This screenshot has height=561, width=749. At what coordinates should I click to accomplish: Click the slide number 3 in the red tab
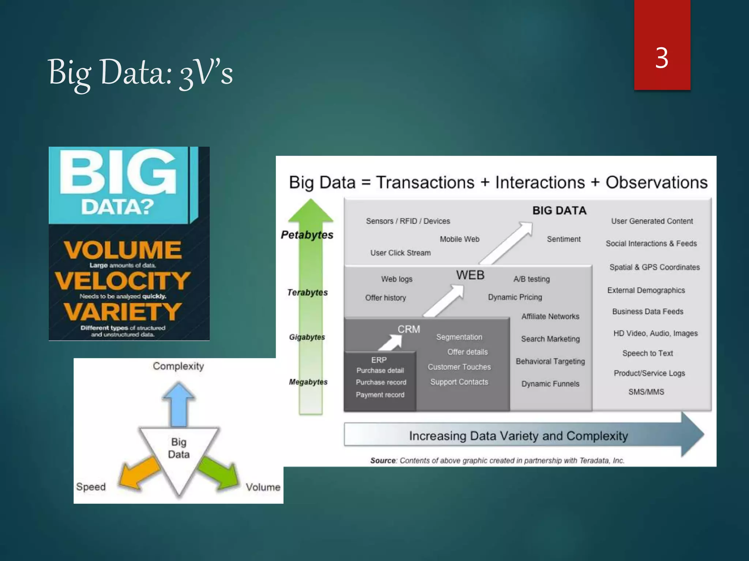pos(662,58)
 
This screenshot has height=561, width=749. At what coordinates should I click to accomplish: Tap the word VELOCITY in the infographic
pos(123,280)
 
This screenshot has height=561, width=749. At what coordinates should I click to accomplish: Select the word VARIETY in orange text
pos(123,312)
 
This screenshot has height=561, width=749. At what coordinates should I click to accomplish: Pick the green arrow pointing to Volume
pos(218,473)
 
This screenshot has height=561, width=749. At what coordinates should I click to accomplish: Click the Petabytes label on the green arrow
pos(307,235)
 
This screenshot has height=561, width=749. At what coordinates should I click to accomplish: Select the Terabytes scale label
pos(308,293)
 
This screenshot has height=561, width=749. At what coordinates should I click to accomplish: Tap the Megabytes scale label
pos(308,382)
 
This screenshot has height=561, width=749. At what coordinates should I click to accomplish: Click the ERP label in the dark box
pos(379,360)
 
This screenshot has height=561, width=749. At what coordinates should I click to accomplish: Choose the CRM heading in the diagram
pos(409,329)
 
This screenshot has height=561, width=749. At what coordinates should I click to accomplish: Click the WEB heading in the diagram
pos(470,275)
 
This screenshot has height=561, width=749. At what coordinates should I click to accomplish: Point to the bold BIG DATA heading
pos(560,210)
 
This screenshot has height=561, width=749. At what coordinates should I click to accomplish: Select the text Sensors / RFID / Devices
pos(408,221)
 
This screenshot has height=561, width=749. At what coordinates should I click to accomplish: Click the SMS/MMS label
pos(646,392)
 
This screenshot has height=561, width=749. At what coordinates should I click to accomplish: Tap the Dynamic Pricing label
pos(515,297)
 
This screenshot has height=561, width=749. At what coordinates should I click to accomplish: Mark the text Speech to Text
pos(648,353)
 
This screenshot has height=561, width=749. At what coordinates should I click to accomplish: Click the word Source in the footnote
pos(383,461)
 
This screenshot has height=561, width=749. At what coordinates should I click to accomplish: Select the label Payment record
pos(380,395)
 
